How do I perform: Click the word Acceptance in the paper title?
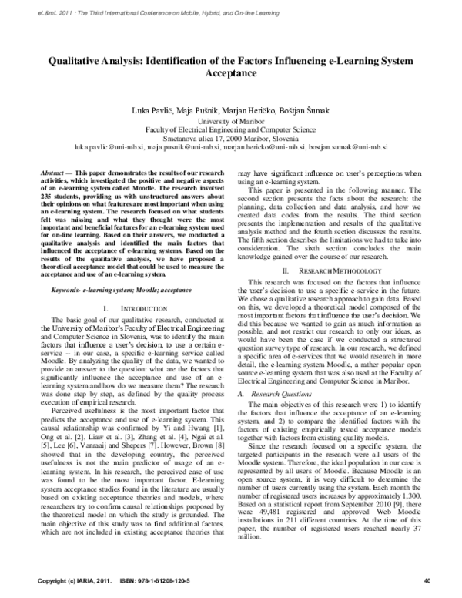coord(231,73)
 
